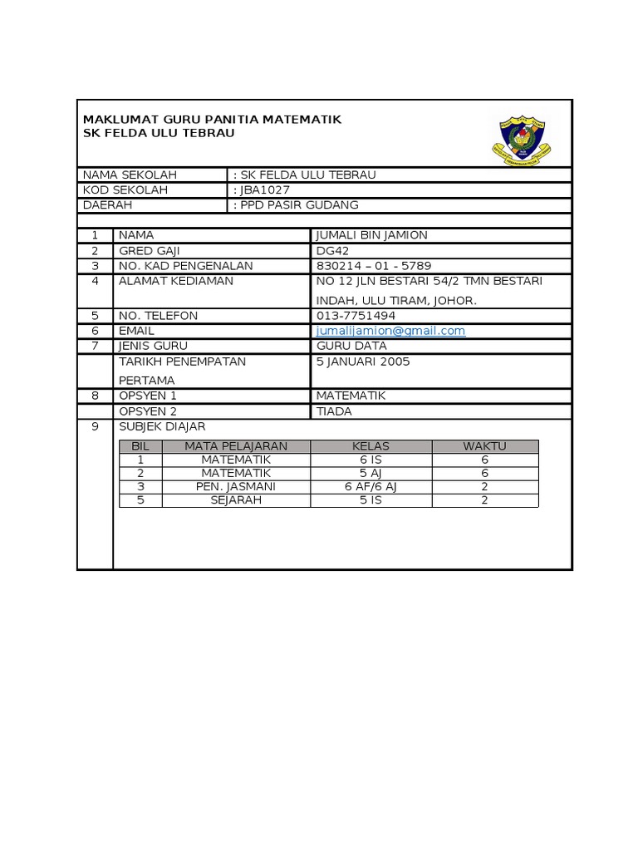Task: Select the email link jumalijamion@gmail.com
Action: coord(391,331)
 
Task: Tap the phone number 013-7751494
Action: coord(356,316)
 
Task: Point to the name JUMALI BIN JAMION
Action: coord(372,235)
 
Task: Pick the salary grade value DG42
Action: coord(332,250)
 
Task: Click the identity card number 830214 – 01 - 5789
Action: coord(374,266)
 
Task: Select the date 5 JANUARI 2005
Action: coord(363,362)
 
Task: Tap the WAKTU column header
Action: coord(484,446)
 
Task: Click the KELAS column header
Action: coord(371,446)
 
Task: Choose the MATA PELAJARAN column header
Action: coord(236,446)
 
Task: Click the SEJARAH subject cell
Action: coord(236,500)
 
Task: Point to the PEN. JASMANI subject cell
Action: coord(236,486)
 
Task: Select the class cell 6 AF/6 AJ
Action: coord(371,486)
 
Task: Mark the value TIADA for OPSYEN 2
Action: coord(335,411)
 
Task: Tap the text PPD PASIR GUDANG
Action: coord(299,205)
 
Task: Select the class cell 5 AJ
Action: coord(371,473)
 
